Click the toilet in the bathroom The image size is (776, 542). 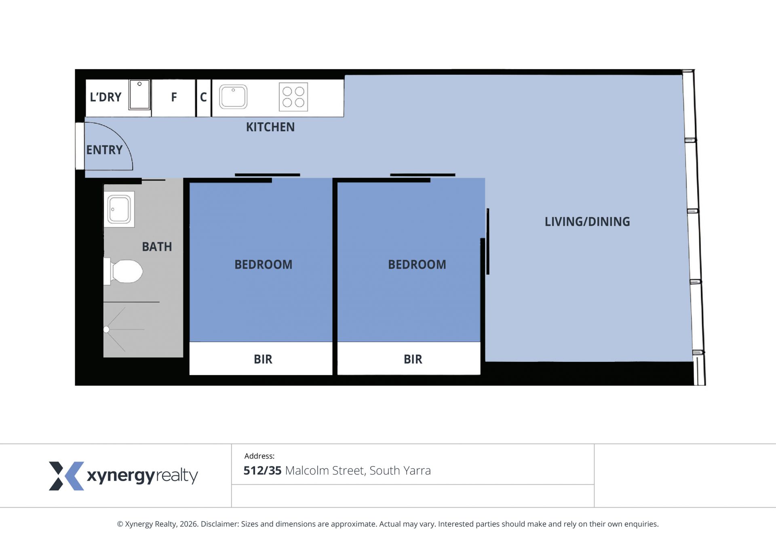click(x=124, y=271)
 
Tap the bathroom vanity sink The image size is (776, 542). click(x=119, y=209)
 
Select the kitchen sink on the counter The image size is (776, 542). click(x=233, y=97)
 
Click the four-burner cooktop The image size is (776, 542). click(x=293, y=97)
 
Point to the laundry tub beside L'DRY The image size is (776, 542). click(x=139, y=95)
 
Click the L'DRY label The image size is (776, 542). click(x=105, y=97)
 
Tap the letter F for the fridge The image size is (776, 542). click(x=174, y=97)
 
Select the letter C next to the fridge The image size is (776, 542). click(x=203, y=97)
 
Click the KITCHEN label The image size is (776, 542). click(x=270, y=127)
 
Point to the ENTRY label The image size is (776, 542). click(x=104, y=150)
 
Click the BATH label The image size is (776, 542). click(x=157, y=247)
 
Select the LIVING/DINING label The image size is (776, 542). click(x=587, y=222)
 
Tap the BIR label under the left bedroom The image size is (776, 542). click(x=263, y=359)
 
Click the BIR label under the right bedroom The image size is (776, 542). click(x=413, y=359)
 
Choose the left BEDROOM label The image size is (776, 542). click(x=264, y=265)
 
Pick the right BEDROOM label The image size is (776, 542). click(x=417, y=265)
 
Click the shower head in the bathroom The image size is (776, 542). click(x=106, y=330)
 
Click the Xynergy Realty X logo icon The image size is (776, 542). click(x=67, y=476)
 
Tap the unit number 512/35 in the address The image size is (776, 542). click(x=262, y=471)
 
